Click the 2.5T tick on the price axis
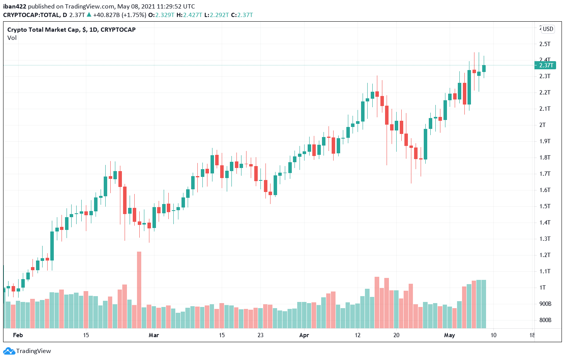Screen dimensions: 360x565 coord(545,44)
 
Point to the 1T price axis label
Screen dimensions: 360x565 coord(543,287)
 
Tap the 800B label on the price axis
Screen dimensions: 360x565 coord(545,320)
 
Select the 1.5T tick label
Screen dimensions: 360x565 coord(545,206)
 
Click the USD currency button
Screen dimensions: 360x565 coord(548,29)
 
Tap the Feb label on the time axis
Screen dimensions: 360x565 coord(18,335)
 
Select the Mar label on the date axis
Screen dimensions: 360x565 coord(154,335)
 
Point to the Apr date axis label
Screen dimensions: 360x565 coord(304,335)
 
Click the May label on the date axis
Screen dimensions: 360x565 coord(449,335)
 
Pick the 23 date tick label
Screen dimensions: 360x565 coord(260,335)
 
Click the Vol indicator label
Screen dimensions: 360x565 coord(12,38)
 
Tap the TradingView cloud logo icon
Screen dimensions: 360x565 coord(9,351)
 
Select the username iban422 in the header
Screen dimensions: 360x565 coord(15,6)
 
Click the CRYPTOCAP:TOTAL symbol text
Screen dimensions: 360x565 coord(31,15)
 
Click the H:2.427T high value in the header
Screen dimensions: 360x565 coord(189,15)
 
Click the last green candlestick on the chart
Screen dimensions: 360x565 coord(484,69)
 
